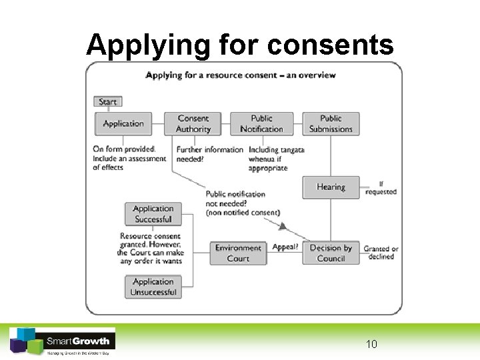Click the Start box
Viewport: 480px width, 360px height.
click(x=108, y=102)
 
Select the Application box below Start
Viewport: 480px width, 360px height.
click(x=123, y=123)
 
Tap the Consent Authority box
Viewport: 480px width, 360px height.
click(x=193, y=123)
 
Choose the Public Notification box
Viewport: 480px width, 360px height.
click(x=262, y=123)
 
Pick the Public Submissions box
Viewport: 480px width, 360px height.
click(x=331, y=123)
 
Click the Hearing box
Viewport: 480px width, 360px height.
click(x=331, y=187)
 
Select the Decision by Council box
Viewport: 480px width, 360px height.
click(x=331, y=253)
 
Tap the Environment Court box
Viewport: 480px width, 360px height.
click(x=238, y=253)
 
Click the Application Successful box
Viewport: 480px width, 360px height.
click(x=153, y=214)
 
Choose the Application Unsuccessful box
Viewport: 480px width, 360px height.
click(x=153, y=287)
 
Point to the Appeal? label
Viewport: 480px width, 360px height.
click(x=285, y=247)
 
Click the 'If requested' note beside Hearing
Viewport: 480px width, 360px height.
click(x=381, y=188)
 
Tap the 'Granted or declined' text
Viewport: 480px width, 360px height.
click(x=381, y=253)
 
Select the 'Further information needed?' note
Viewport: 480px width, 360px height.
click(x=209, y=155)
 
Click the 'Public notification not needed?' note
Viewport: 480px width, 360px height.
click(x=243, y=203)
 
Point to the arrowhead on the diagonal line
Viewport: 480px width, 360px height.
click(x=283, y=227)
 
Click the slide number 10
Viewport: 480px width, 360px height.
click(x=371, y=344)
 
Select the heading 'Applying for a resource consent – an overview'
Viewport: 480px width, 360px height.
click(x=241, y=75)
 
